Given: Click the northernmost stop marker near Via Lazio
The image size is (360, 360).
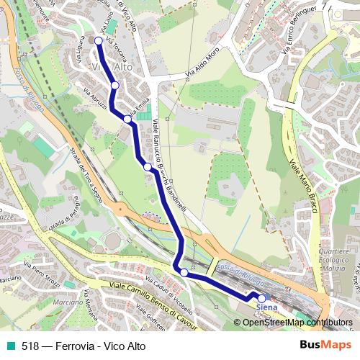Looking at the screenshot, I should point(99,41).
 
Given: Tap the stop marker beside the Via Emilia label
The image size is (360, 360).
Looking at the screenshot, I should point(127,119).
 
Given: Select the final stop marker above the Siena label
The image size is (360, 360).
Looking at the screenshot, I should point(261,298).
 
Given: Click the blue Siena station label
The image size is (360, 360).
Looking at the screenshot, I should point(266,307).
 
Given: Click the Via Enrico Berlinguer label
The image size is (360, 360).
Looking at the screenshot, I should point(295,32).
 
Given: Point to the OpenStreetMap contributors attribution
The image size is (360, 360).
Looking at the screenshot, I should point(297,323).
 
